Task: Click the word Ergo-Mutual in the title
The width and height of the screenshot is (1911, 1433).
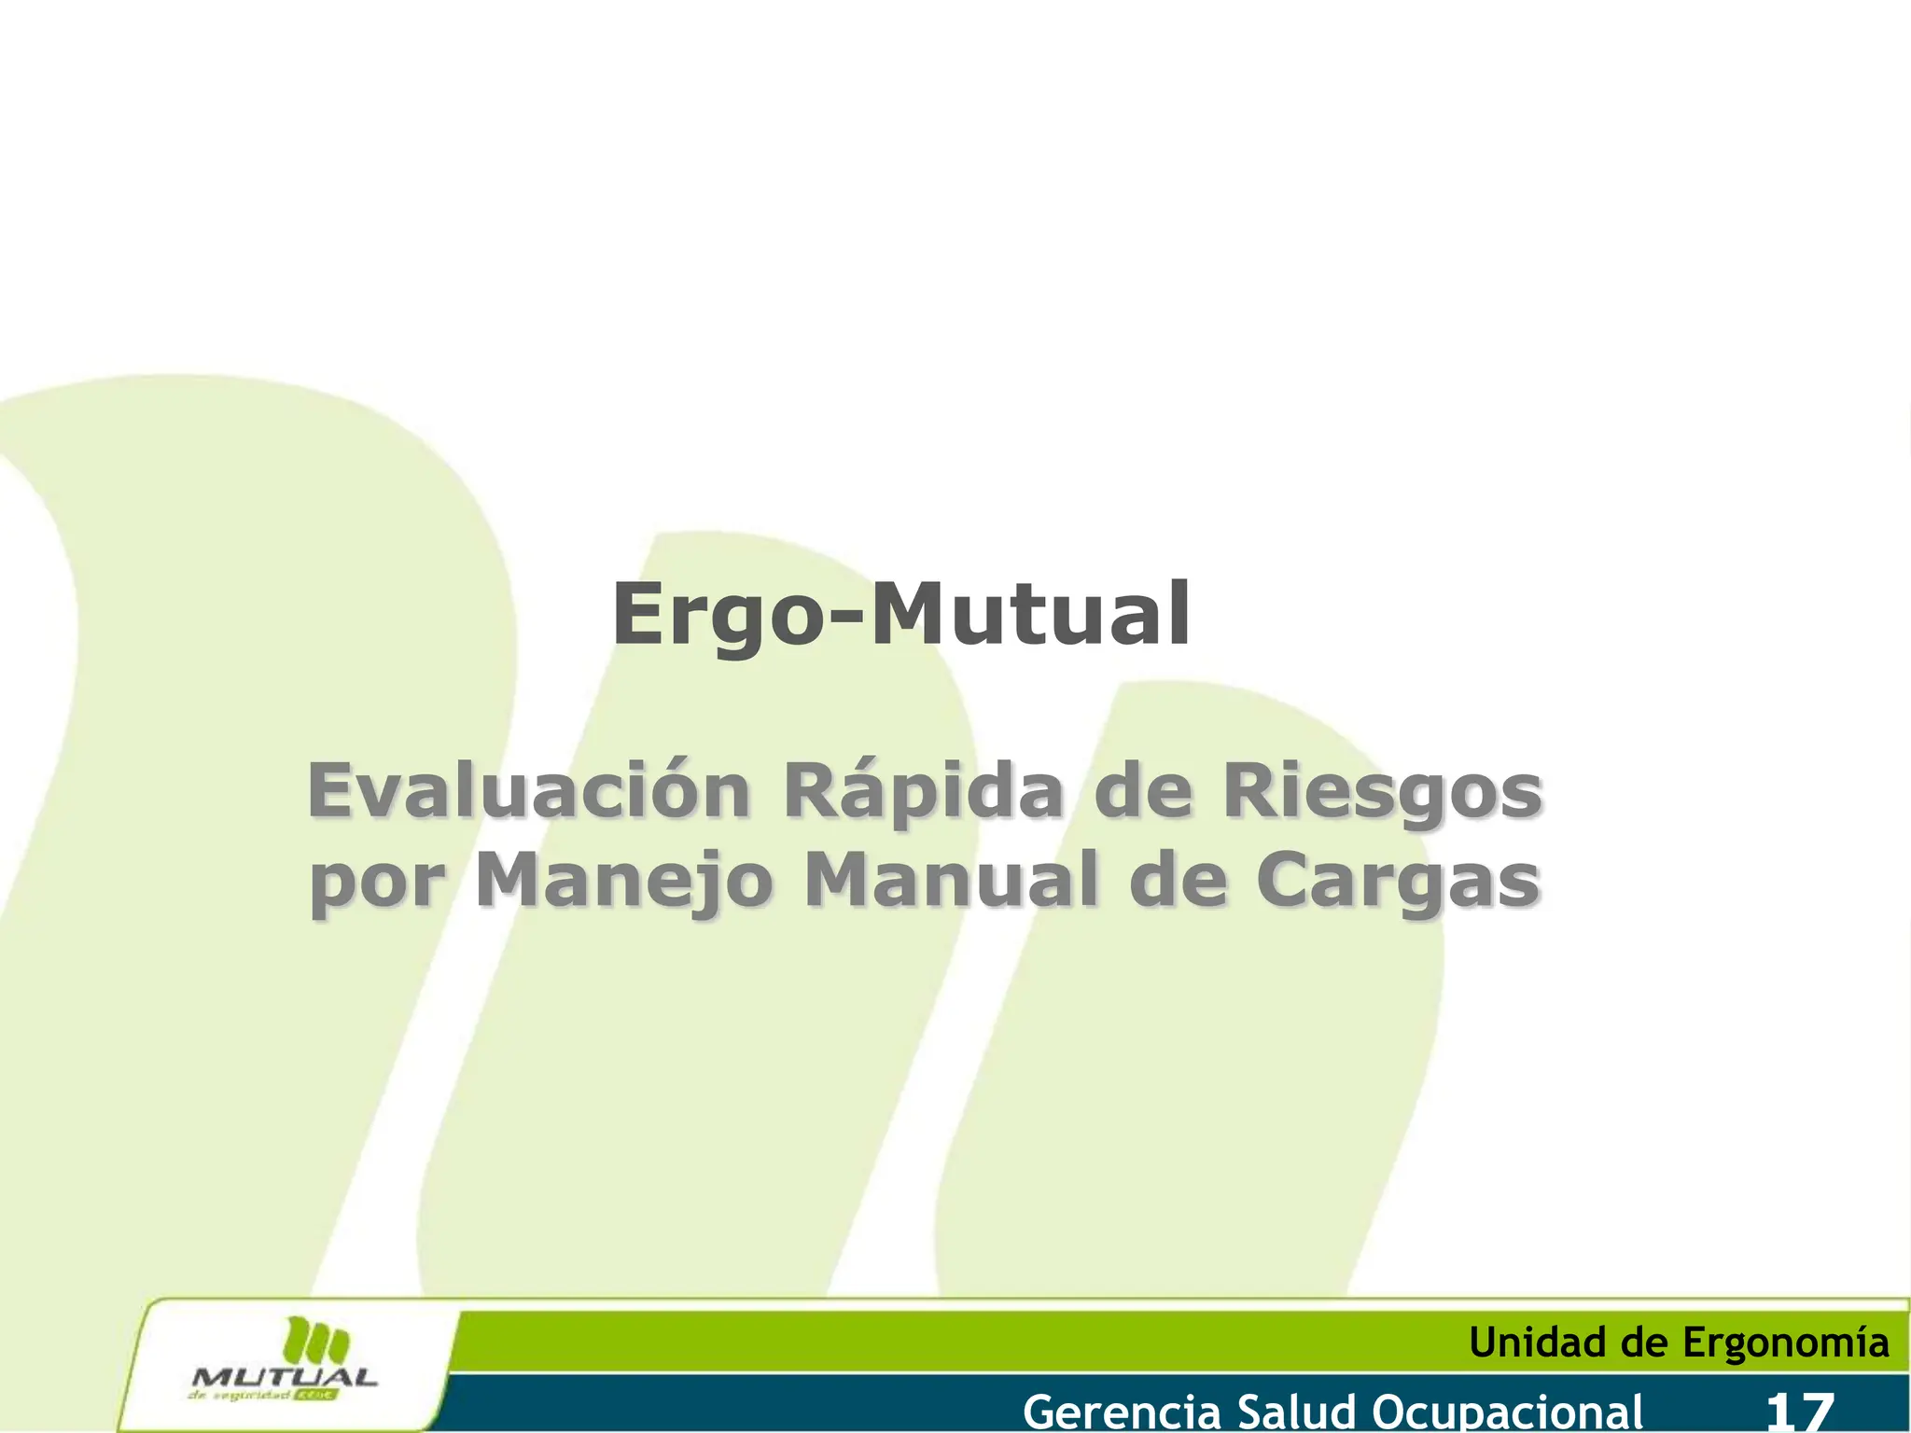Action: (x=901, y=615)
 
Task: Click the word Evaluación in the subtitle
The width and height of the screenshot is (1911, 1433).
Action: (x=528, y=792)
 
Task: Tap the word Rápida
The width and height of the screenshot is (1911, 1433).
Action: (x=923, y=792)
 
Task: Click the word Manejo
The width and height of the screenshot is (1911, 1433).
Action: (x=624, y=883)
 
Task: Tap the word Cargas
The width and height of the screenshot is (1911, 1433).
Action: (x=1396, y=883)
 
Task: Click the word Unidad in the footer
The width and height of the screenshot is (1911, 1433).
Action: (x=1540, y=1343)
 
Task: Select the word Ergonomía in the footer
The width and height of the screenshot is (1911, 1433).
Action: (x=1786, y=1343)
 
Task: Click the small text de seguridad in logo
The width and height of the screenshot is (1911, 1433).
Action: (x=239, y=1397)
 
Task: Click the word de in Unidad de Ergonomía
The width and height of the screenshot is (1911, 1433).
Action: (x=1648, y=1343)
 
